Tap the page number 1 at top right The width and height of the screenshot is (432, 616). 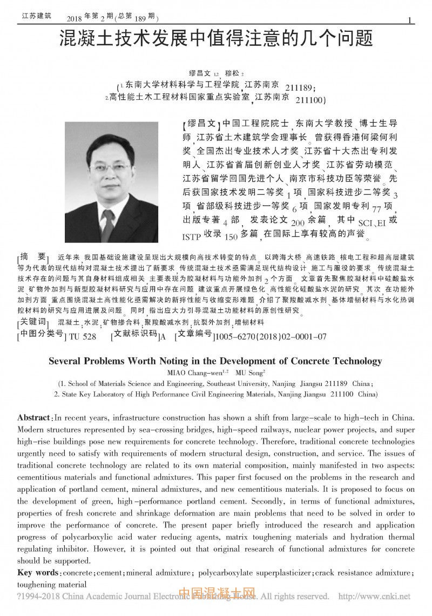click(x=410, y=21)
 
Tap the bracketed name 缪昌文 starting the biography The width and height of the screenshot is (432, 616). click(x=202, y=123)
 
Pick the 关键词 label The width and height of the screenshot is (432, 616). click(x=33, y=322)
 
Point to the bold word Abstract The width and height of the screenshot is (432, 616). click(x=34, y=418)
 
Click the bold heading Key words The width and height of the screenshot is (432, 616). click(x=38, y=572)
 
